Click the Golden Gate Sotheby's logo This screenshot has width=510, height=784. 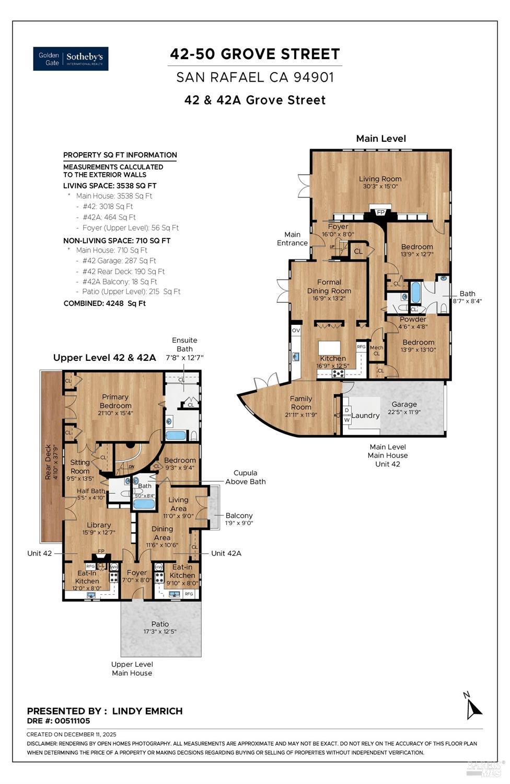(71, 59)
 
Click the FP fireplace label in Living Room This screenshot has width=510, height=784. (380, 212)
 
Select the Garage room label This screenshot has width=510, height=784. (404, 404)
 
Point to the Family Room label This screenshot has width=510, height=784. (301, 402)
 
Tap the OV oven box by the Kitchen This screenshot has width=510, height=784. (296, 331)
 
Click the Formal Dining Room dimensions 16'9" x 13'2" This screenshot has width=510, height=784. (329, 299)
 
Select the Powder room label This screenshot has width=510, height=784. (413, 319)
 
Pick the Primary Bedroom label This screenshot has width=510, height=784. (115, 401)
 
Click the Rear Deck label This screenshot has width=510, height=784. (49, 462)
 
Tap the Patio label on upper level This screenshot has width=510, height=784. (160, 624)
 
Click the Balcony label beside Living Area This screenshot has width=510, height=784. (239, 515)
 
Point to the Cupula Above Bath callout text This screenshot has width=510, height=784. (245, 477)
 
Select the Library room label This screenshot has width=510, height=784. (99, 525)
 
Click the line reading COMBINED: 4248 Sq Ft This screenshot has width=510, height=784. (105, 303)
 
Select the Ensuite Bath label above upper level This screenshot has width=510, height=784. (184, 344)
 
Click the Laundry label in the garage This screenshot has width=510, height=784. (365, 415)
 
